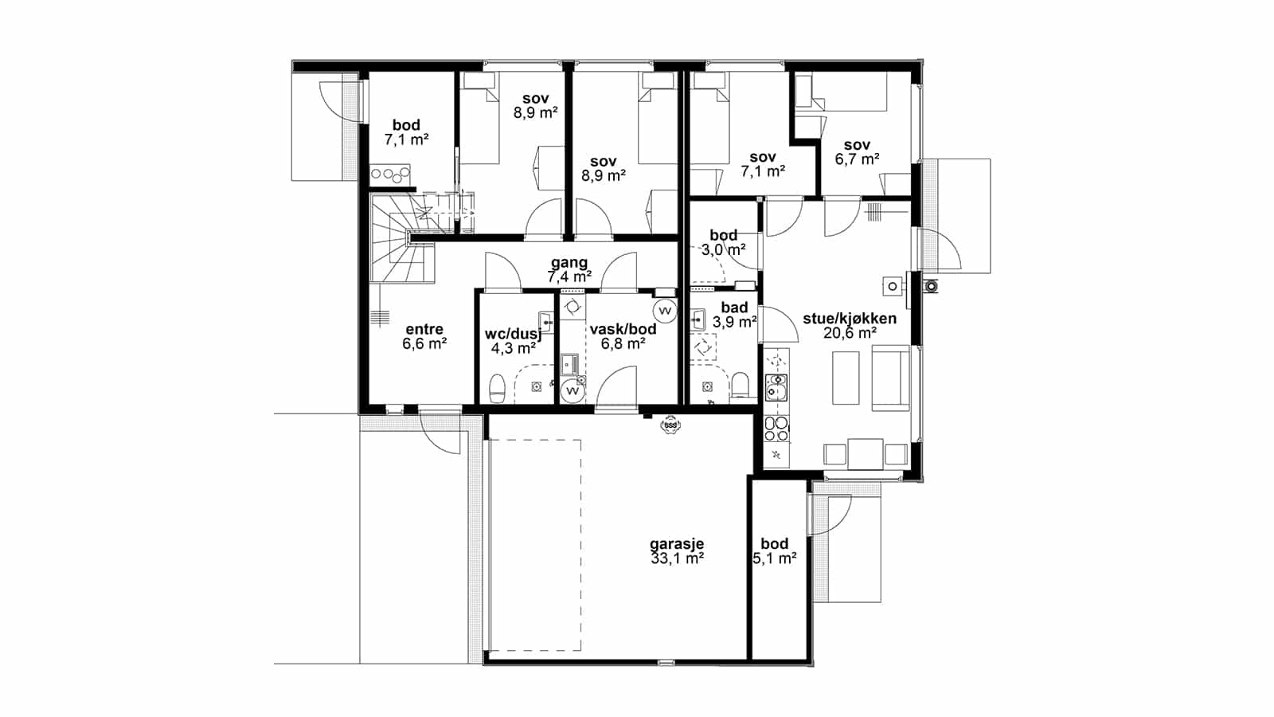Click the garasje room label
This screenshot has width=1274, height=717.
pos(677,544)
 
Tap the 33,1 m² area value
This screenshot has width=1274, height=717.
pos(677,558)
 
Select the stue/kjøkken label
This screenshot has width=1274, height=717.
pos(850,319)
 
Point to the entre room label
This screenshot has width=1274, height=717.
pos(424,330)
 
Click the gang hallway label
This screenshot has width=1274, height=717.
pos(569,263)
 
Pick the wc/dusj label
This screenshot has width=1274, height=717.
pos(513,334)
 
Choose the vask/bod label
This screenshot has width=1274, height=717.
pos(623,329)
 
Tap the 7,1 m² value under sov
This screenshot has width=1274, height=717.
pos(763,170)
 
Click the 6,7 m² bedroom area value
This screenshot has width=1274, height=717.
pos(857,159)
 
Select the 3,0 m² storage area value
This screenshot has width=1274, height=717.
pos(724,249)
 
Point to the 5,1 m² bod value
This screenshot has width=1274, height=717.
pos(774,558)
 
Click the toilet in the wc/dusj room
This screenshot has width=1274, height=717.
pos(498,388)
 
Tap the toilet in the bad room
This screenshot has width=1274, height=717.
pos(741,385)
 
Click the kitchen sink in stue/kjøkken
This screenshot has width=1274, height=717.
pos(776,387)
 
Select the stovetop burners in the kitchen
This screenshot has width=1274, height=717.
pos(776,429)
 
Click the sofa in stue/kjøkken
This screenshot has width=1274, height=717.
pos(891,378)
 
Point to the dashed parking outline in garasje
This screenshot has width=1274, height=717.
pos(535,545)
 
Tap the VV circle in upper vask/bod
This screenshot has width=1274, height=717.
pos(664,311)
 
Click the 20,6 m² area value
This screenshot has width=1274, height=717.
pos(850,334)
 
